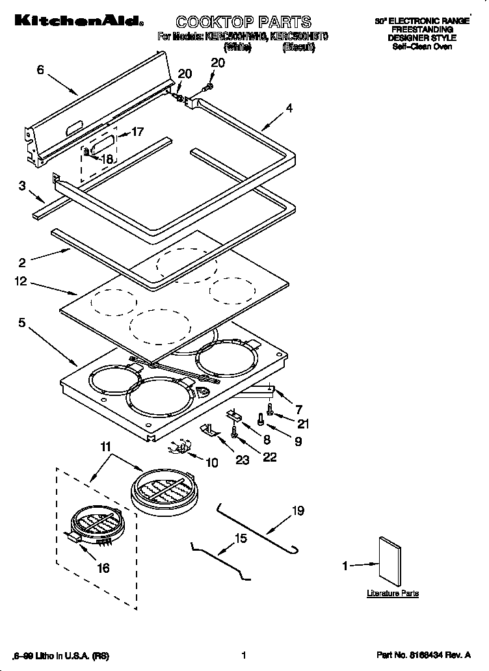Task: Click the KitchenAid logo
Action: [x=75, y=23]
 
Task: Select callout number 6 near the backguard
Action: [x=40, y=70]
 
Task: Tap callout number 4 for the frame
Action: [x=289, y=109]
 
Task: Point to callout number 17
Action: [x=137, y=131]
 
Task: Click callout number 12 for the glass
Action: [x=21, y=282]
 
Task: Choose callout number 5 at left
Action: [x=21, y=322]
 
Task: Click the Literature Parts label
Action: [x=392, y=594]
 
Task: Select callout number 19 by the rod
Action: [x=297, y=511]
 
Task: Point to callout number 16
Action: [x=103, y=568]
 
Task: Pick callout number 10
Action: [x=212, y=462]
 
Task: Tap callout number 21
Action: [x=304, y=424]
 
